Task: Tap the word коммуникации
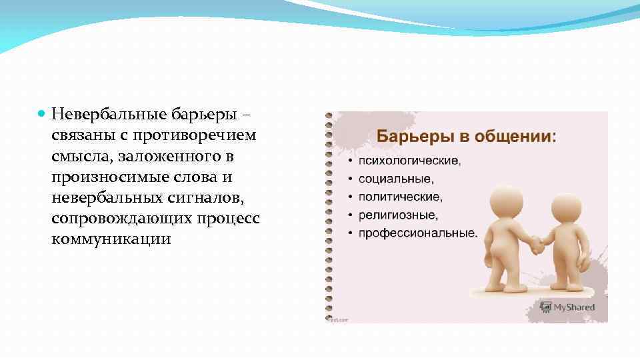[x=111, y=239]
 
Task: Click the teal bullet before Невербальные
[x=42, y=115]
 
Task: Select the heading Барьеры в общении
[x=467, y=137]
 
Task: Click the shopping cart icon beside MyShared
[x=546, y=307]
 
